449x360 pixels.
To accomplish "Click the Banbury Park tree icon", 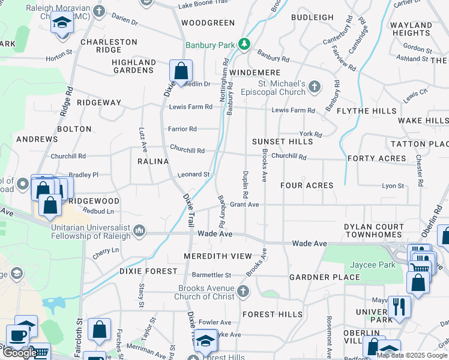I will tap(244, 44).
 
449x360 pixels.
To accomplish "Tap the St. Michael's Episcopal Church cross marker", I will tap(314, 88).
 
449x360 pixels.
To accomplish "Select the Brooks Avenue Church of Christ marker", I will tap(243, 292).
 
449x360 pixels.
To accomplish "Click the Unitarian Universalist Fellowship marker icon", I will tap(139, 229).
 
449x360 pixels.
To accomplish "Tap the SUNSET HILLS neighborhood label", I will tap(282, 142).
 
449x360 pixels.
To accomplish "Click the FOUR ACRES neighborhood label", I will tap(307, 185).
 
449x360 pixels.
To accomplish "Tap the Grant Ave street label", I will tap(244, 205).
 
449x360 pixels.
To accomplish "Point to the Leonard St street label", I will tap(193, 175).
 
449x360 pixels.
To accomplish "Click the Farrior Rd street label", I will tap(182, 129).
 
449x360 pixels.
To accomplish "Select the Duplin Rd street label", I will tap(246, 184).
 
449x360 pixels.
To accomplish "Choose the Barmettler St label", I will tap(211, 275).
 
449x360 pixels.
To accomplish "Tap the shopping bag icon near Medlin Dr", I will tap(180, 71).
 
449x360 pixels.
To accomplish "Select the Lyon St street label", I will tap(393, 187).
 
